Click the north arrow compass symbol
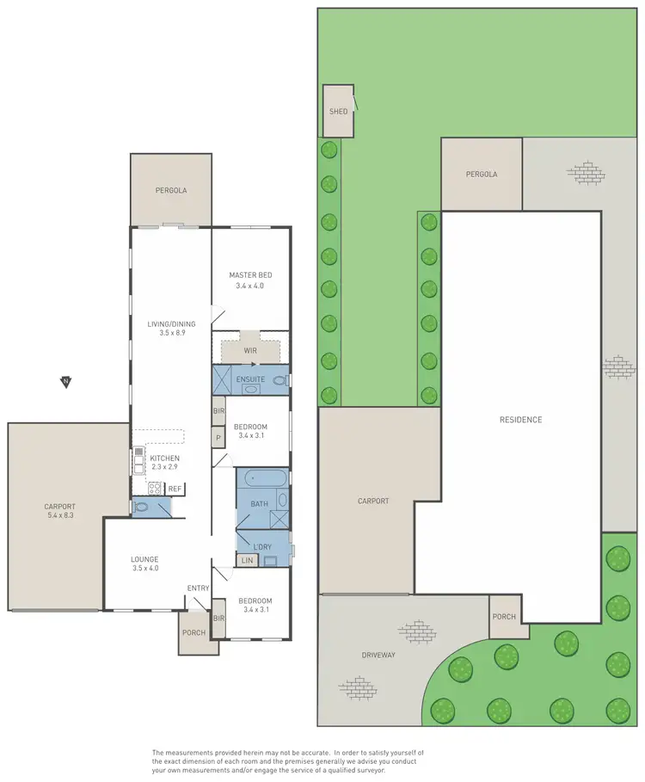point(65,381)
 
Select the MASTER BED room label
point(250,274)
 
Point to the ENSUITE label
point(250,378)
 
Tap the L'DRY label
point(261,546)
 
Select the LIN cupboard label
point(249,562)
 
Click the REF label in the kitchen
point(175,489)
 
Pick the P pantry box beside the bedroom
point(218,437)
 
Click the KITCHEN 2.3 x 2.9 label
point(164,463)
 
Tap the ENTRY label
point(199,588)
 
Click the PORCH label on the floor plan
point(194,632)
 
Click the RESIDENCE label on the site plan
point(520,420)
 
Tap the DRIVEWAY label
point(378,656)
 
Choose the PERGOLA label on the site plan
point(482,174)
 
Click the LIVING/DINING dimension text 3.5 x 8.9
point(170,332)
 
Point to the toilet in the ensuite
point(279,379)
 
